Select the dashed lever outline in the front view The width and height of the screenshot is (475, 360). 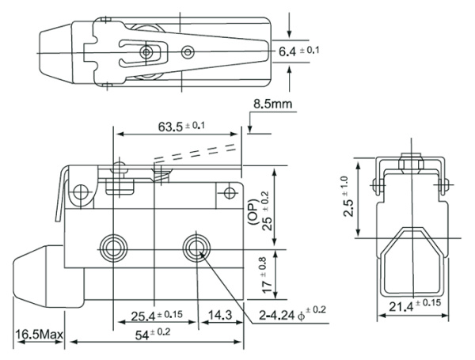[194, 152]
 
